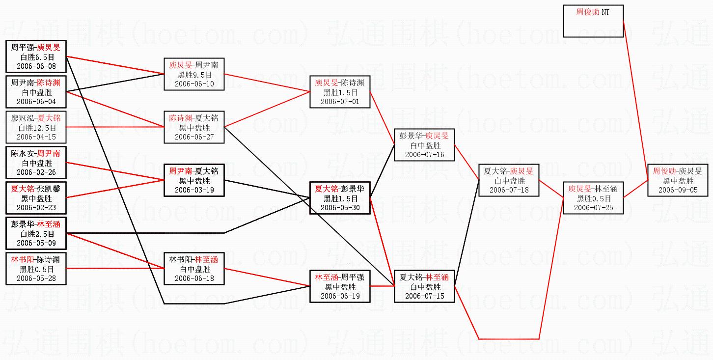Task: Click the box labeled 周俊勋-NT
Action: (x=593, y=21)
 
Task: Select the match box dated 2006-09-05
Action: (x=678, y=180)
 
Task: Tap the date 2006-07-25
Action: (x=593, y=208)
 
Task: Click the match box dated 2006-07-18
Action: (x=509, y=180)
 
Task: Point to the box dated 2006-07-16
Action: (x=424, y=145)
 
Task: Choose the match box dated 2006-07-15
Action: (x=424, y=286)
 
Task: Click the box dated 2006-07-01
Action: (x=340, y=92)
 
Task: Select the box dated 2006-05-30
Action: (x=340, y=198)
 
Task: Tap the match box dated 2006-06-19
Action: (x=340, y=286)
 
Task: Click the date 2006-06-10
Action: (x=194, y=84)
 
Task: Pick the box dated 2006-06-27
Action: (x=194, y=127)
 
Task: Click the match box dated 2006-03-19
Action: (x=194, y=180)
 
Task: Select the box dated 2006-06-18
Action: (x=194, y=269)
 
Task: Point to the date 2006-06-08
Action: (x=36, y=66)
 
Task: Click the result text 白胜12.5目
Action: (x=36, y=128)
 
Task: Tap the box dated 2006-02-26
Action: (x=36, y=163)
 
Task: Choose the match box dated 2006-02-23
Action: (x=36, y=198)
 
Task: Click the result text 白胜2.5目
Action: (x=36, y=234)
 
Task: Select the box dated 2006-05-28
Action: (x=36, y=269)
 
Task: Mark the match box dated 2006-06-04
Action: (x=36, y=92)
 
